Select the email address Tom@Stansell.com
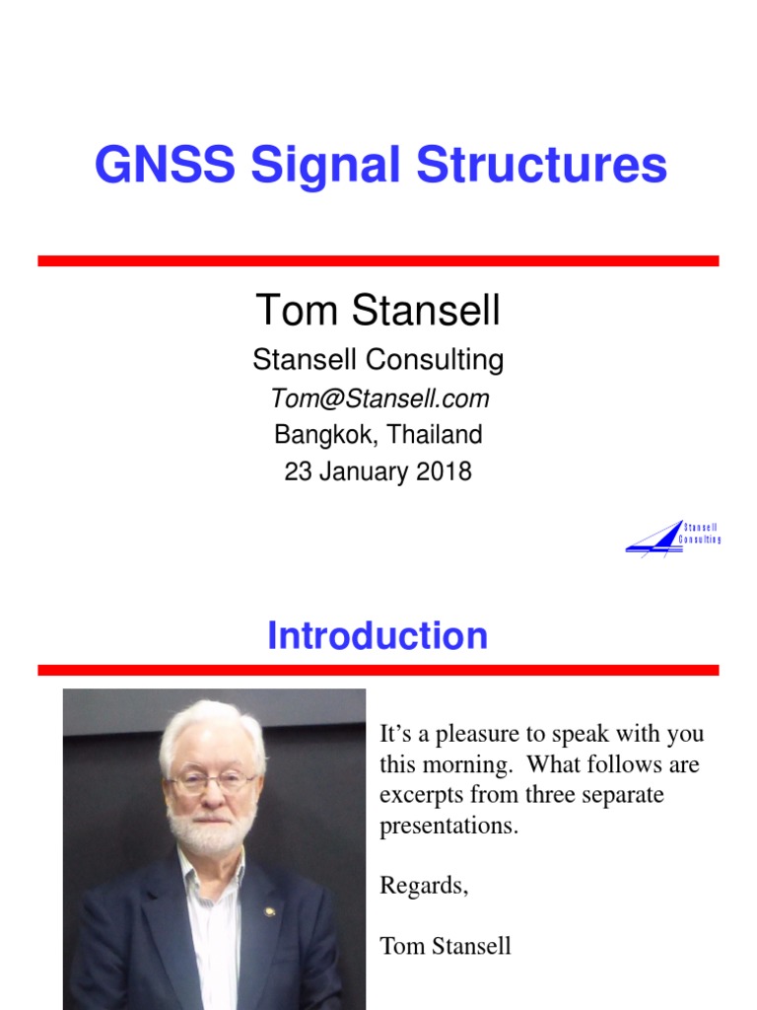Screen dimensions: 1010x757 pyautogui.click(x=378, y=397)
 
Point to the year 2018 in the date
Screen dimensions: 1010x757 pyautogui.click(x=444, y=471)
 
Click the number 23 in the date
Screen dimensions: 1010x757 pyautogui.click(x=298, y=471)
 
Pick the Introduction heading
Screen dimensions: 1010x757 pyautogui.click(x=378, y=636)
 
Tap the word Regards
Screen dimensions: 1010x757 pyautogui.click(x=423, y=886)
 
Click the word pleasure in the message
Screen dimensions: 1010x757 pyautogui.click(x=472, y=734)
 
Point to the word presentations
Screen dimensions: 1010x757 pyautogui.click(x=447, y=826)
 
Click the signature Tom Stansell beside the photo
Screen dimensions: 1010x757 pyautogui.click(x=446, y=947)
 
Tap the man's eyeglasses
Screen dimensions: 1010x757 pyautogui.click(x=212, y=782)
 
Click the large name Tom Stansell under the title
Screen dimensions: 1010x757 pyautogui.click(x=378, y=311)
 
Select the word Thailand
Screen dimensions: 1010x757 pyautogui.click(x=438, y=434)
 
